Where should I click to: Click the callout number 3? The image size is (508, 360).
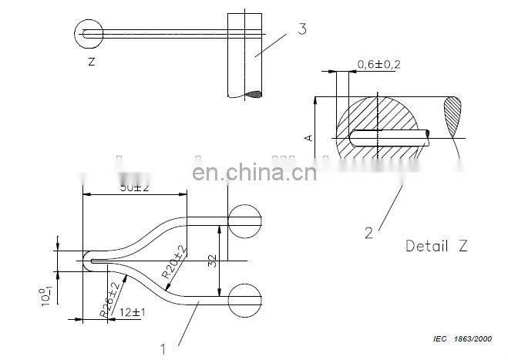[x=302, y=30]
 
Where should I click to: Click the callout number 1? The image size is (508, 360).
[x=163, y=348]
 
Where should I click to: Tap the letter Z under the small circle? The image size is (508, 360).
[x=91, y=60]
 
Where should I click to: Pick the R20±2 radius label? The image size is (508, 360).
[x=173, y=262]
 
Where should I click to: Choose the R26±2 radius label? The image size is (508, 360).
[x=110, y=300]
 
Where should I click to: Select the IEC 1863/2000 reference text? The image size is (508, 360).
[x=460, y=339]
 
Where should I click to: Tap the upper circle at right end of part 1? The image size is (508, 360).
[x=245, y=220]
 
